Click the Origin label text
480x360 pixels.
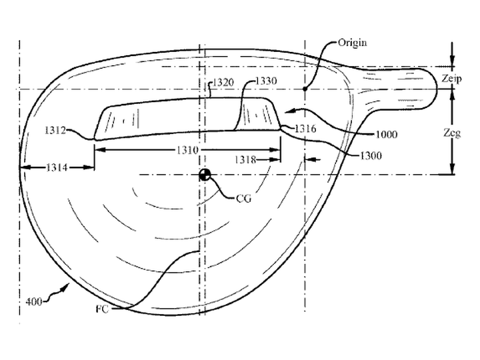[352, 42]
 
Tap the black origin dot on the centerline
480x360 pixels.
[305, 89]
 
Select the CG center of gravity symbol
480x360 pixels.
[205, 175]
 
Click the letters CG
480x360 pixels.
[244, 199]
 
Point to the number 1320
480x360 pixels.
[223, 83]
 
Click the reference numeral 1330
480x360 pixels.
[266, 81]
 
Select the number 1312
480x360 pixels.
[55, 131]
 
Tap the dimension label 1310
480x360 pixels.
[187, 150]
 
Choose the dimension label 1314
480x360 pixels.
[57, 167]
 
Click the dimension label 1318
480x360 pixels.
[245, 159]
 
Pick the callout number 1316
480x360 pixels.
[305, 129]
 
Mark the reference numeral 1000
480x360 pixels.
[386, 135]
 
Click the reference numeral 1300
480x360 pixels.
[371, 156]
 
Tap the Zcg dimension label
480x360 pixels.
[452, 133]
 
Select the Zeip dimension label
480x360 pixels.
[451, 79]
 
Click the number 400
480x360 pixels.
[34, 302]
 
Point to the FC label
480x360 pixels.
[102, 309]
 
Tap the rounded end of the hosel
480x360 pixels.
[435, 89]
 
